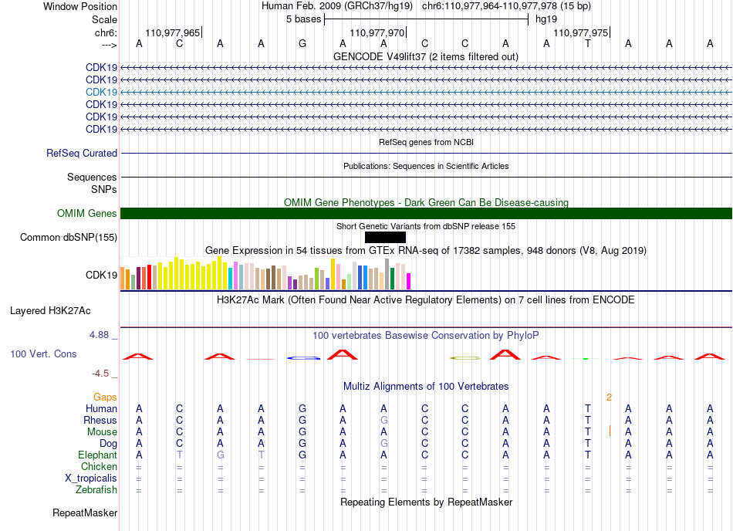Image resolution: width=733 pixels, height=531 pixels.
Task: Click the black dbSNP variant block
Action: (385, 237)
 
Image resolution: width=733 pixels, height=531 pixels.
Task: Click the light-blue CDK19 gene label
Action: (102, 92)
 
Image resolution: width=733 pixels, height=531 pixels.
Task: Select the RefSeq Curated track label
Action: (82, 154)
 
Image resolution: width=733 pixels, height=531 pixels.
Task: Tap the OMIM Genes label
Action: (87, 214)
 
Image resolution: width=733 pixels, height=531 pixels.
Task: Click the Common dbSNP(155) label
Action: (69, 238)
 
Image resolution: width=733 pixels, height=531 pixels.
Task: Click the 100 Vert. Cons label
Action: (43, 354)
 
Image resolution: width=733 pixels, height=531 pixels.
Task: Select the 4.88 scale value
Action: (100, 335)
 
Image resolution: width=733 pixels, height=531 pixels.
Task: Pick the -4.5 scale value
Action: (101, 374)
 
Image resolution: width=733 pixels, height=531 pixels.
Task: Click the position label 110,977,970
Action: (377, 33)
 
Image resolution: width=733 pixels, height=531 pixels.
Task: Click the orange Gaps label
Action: (105, 397)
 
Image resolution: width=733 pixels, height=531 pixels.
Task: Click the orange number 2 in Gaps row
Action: (609, 397)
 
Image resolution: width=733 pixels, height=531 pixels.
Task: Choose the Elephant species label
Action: (97, 455)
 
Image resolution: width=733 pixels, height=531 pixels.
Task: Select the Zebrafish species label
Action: (96, 490)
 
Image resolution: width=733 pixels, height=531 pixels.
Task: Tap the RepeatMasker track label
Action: (85, 513)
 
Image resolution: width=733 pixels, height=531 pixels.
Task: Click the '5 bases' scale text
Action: (303, 19)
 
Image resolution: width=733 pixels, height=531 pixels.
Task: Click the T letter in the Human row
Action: (588, 408)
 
